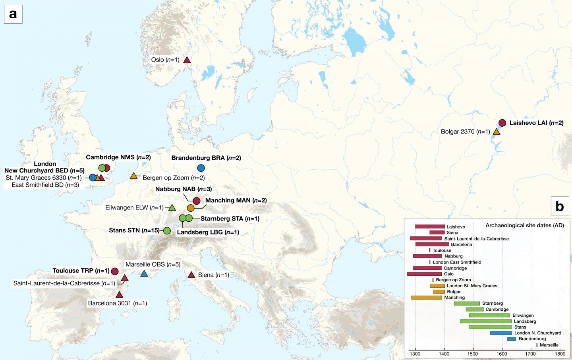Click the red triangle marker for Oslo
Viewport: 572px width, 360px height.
pos(187,60)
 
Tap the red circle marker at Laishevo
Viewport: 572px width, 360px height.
pos(502,123)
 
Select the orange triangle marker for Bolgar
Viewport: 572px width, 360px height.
pos(496,132)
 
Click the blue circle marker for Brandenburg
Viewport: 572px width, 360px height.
pos(201,168)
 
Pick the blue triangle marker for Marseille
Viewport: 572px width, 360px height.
pos(144,273)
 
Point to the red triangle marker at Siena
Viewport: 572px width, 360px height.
pos(191,275)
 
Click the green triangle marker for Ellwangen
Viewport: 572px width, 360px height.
pos(172,207)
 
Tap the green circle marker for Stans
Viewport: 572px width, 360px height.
pos(167,230)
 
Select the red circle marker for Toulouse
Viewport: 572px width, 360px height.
pos(115,271)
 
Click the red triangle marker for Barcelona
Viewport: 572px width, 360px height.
pos(119,295)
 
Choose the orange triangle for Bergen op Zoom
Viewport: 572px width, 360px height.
pos(134,176)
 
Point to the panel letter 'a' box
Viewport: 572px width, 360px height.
pos(13,14)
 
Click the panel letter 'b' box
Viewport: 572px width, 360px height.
pos(560,206)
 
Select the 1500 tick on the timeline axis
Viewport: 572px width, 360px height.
pos(473,354)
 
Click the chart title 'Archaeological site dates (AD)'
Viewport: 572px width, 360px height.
pos(524,225)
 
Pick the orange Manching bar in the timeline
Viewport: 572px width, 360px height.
pos(426,298)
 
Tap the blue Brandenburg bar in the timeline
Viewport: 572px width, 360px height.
pos(512,339)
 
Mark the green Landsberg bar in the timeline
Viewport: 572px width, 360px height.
pos(485,321)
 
